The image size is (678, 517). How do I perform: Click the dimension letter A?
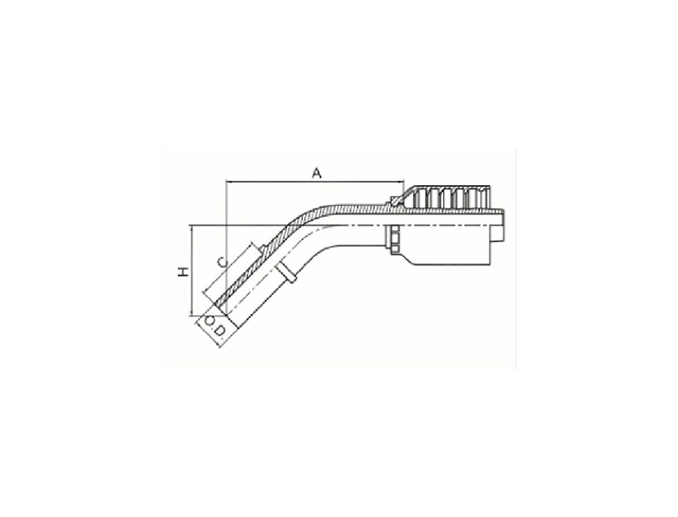tap(317, 174)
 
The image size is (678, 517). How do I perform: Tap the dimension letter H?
tap(184, 272)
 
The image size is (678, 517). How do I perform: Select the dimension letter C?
tap(222, 262)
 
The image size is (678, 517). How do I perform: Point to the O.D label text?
tap(215, 326)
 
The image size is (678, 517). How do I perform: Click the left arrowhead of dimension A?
tap(228, 182)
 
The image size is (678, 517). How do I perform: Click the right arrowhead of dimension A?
tap(401, 182)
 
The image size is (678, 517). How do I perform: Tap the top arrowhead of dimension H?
tap(191, 228)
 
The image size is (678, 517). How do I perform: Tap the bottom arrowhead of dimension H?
tap(191, 313)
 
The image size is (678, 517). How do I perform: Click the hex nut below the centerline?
tap(394, 240)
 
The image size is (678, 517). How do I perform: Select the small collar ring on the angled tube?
tap(286, 272)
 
